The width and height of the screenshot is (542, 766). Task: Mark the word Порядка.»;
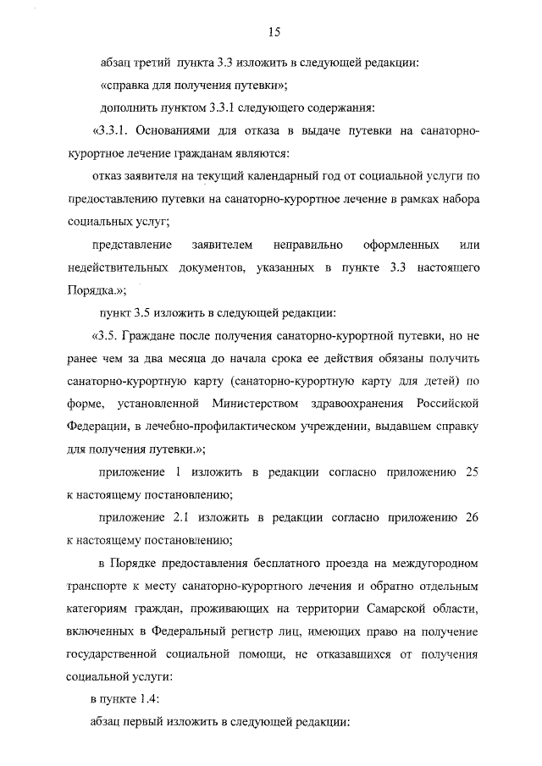96,289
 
